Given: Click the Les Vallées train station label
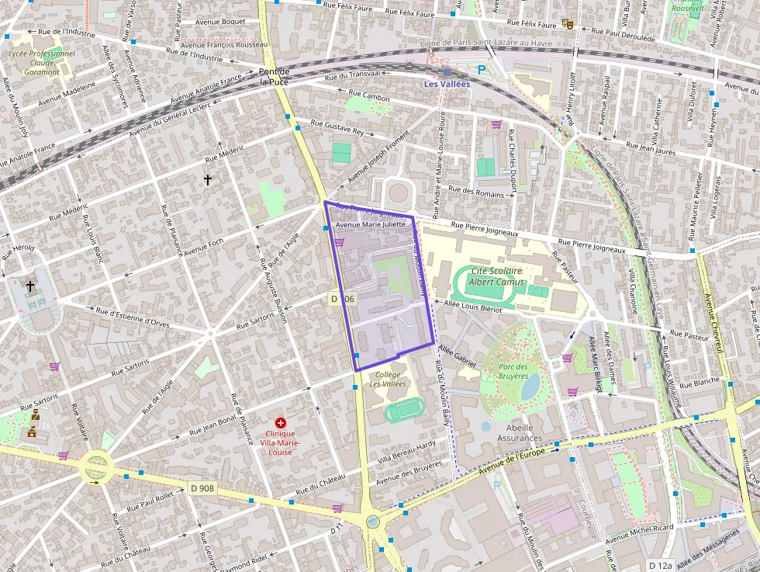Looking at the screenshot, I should [x=446, y=84].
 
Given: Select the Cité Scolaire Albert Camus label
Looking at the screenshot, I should [x=496, y=276].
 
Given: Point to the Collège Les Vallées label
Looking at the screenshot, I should [x=387, y=379].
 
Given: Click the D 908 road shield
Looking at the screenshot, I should [x=201, y=489].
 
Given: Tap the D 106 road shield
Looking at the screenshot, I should [x=342, y=299].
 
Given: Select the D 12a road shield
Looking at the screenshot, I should [x=661, y=565].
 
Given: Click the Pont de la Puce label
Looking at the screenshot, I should [x=274, y=76].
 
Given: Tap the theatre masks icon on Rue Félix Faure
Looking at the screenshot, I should [x=568, y=24].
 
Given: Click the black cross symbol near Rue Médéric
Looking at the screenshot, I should [x=207, y=180].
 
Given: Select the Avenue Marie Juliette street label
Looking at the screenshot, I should [x=371, y=224].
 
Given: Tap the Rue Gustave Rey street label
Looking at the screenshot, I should [x=337, y=127].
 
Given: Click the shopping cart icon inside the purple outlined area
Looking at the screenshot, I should [x=339, y=242].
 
